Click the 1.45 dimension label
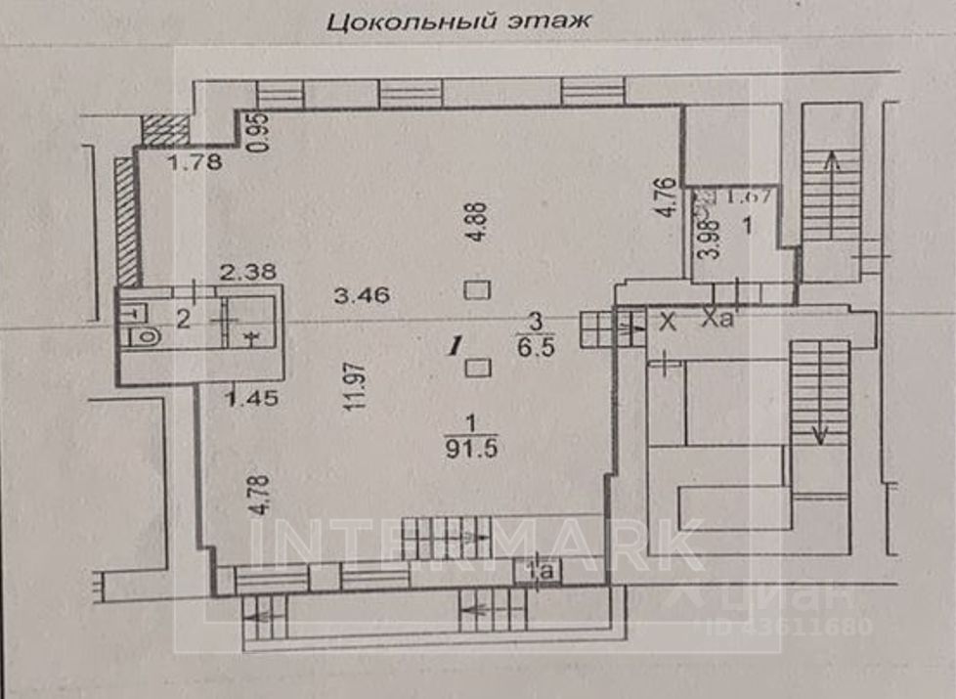pos(243,397)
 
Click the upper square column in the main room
pos(477,290)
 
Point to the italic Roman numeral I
pos(454,344)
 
